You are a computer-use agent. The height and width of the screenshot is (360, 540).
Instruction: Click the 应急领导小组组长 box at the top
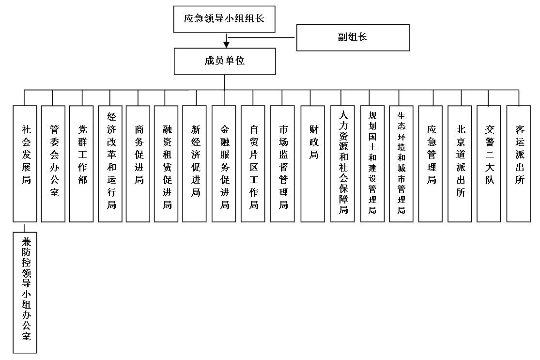pos(224,19)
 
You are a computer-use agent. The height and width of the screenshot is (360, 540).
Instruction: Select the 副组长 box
pos(353,37)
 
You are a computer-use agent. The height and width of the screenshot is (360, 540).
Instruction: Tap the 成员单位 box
pos(225,62)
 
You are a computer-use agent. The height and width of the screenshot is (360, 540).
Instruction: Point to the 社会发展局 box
pos(25,164)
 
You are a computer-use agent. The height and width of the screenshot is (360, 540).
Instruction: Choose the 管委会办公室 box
pos(53,164)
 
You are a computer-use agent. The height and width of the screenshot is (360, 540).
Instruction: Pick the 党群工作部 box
pos(81,164)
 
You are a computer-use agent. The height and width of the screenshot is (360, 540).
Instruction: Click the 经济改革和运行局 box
pos(110,164)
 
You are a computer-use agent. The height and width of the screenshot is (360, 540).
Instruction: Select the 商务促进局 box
pos(138,164)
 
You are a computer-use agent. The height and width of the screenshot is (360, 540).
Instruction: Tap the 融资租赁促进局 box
pos(166,164)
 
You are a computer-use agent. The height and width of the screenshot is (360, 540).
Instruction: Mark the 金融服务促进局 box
pos(224,164)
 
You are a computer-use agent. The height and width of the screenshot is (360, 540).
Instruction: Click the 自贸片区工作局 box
pos(253,164)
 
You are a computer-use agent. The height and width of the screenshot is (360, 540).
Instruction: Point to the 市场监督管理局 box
pos(282,164)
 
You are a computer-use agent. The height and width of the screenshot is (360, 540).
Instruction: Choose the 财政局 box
pos(313,164)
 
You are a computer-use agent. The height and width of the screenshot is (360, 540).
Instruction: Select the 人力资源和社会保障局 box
pos(343,164)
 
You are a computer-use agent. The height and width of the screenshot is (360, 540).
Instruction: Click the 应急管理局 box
pos(431,164)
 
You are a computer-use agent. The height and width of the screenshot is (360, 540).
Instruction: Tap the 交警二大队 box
pos(489,164)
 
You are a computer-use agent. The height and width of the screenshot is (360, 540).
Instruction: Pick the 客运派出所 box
pos(519,164)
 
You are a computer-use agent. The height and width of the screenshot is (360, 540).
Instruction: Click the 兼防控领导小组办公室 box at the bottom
pos(25,293)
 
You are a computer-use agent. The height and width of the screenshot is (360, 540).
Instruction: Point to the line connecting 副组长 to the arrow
pos(262,37)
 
